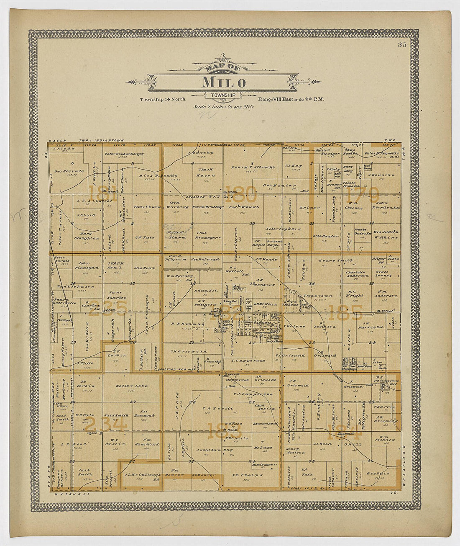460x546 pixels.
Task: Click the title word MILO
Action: point(224,82)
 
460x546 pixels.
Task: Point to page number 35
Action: point(402,45)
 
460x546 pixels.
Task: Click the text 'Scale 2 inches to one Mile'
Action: point(224,106)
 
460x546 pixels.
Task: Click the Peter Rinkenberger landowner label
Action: point(124,154)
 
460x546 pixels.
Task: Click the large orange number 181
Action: point(95,194)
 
